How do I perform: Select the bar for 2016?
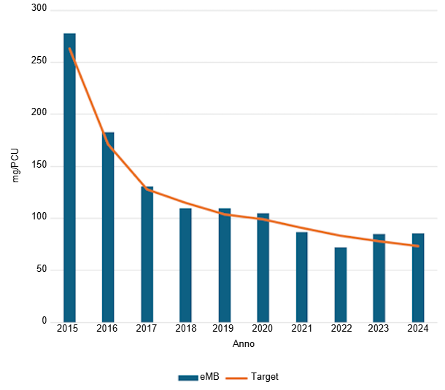coord(108,227)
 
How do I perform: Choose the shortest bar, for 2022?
coord(340,284)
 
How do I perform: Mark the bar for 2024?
coord(417,277)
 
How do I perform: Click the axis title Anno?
coord(243,343)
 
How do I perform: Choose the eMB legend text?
coord(209,377)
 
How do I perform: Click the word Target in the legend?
coord(264,377)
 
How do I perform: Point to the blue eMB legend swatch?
coord(188,378)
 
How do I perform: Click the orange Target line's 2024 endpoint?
coord(417,246)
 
